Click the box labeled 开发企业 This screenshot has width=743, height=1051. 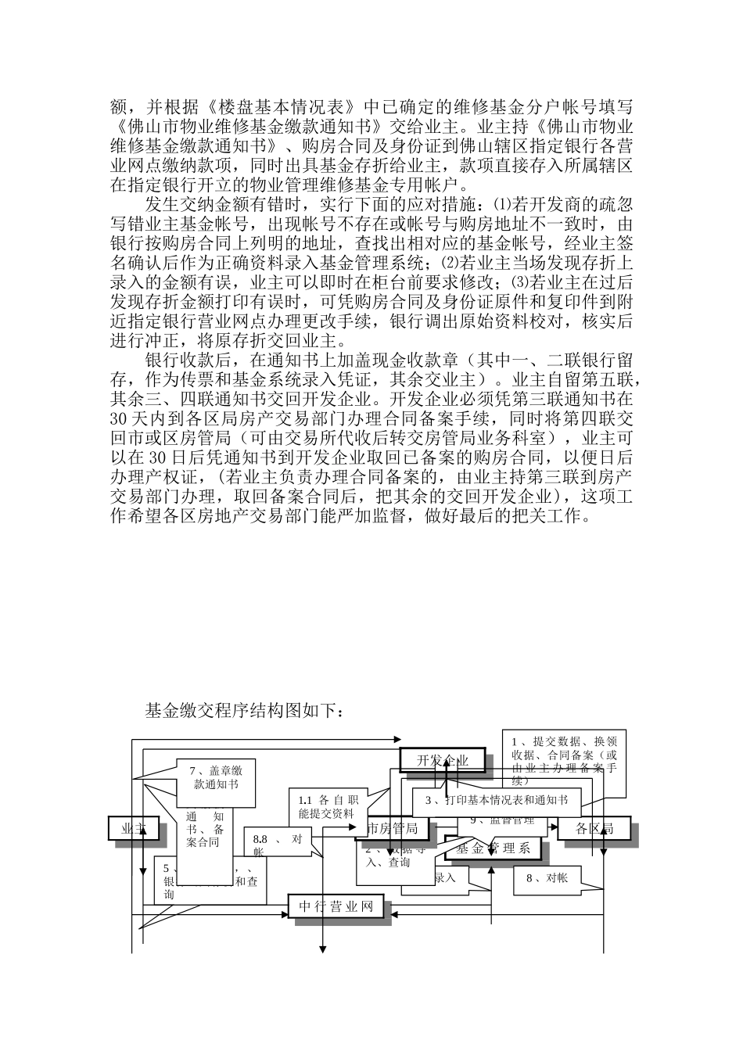(x=442, y=759)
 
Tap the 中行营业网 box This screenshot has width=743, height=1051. (x=339, y=907)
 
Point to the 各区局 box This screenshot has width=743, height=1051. (x=594, y=829)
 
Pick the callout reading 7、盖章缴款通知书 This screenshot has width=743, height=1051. (x=215, y=783)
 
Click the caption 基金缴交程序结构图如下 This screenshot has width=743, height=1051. (x=244, y=710)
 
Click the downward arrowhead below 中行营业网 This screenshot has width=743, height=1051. (x=321, y=950)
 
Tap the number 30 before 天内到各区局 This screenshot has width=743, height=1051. (x=120, y=418)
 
